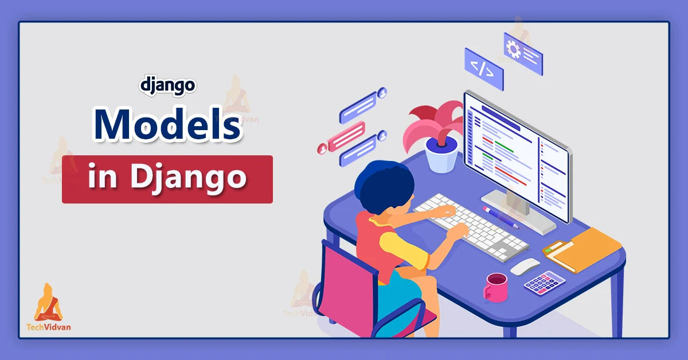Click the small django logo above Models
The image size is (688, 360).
[x=167, y=87]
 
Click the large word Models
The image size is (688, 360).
[x=167, y=124]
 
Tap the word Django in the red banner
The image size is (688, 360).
[x=188, y=178]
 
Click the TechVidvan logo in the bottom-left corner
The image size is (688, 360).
[x=49, y=307]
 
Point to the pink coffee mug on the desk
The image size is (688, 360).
[x=495, y=288]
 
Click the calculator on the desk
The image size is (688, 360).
[x=544, y=283]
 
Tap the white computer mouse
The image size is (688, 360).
[x=525, y=267]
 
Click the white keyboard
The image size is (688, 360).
[x=471, y=228]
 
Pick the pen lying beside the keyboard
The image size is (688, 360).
[x=501, y=217]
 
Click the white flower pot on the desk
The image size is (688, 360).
[x=441, y=155]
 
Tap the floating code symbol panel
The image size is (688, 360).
[x=484, y=69]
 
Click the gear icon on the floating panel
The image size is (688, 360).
[x=513, y=49]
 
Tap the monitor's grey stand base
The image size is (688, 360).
[x=518, y=212]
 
